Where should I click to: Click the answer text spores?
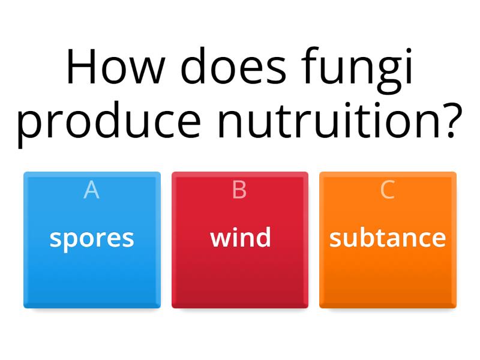pos(92,239)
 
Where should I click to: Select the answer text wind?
pos(240,238)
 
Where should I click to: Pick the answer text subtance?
pos(388,238)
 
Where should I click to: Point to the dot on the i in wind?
pos(238,228)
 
